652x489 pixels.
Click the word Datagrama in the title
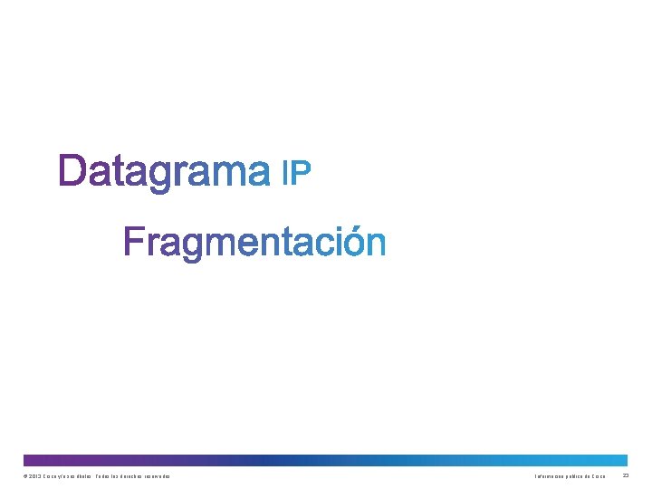(x=164, y=171)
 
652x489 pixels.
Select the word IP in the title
(x=297, y=172)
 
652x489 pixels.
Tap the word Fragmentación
(x=255, y=243)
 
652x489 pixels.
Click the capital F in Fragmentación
(x=134, y=242)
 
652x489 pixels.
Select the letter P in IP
(x=302, y=172)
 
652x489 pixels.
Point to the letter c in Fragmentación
(x=320, y=244)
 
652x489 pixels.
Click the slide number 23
(x=626, y=475)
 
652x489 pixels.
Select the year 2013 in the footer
(x=34, y=476)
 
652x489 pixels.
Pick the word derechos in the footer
(x=127, y=476)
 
